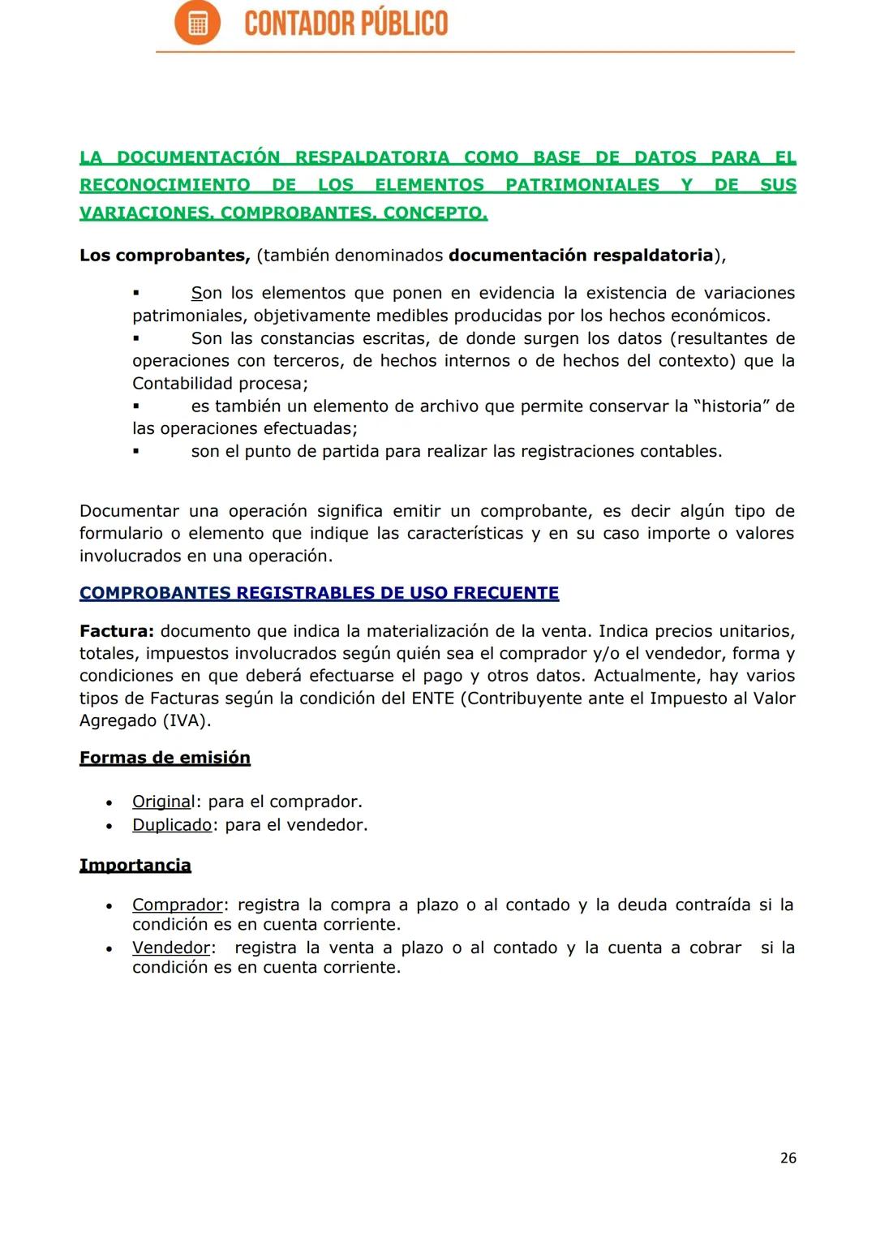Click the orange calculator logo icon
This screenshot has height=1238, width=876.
point(197,23)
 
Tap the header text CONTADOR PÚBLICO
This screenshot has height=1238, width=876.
point(346,24)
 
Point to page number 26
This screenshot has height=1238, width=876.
point(788,1158)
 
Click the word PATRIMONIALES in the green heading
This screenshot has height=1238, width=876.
point(582,185)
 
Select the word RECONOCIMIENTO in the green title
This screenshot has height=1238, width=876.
point(165,185)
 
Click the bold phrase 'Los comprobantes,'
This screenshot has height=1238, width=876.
point(165,256)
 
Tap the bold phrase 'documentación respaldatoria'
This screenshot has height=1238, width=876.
point(580,256)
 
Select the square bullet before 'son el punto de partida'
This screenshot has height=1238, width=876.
point(136,452)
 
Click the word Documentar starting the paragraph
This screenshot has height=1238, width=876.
point(129,511)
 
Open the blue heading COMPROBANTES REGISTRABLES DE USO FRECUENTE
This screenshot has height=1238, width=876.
point(319,593)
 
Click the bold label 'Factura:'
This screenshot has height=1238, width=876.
point(117,631)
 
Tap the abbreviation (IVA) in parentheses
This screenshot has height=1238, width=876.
point(187,720)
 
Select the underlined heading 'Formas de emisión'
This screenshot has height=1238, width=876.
point(165,758)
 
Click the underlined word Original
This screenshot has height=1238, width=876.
point(163,802)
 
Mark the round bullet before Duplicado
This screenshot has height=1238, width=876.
point(109,826)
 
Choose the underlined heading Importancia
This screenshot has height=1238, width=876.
point(135,866)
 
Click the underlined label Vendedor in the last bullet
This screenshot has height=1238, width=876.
point(171,948)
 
